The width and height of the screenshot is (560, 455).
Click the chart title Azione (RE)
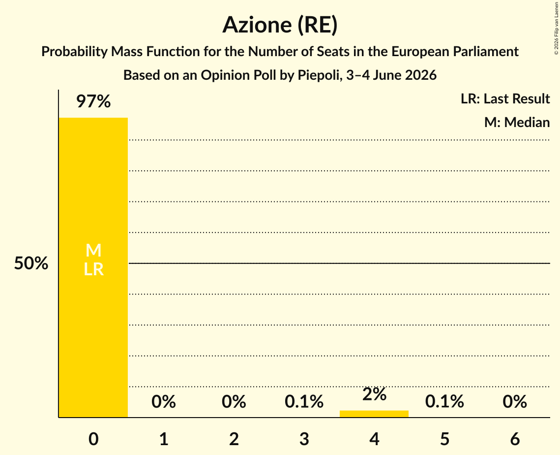280,25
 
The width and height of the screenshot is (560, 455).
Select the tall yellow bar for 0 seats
93,267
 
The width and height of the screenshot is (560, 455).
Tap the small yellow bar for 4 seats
374,414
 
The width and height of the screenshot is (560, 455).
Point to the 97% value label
93,101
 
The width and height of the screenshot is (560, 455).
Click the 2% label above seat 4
374,394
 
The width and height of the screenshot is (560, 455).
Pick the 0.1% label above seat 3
304,402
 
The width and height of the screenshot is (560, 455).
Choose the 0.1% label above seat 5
444,402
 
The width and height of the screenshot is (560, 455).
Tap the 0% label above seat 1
164,402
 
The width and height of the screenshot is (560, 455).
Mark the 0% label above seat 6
515,402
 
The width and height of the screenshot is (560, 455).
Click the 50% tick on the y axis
31,263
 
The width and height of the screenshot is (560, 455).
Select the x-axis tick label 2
234,439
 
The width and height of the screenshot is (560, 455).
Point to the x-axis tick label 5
444,439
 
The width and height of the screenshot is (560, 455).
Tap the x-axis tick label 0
93,439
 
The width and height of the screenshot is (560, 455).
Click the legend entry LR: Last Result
505,98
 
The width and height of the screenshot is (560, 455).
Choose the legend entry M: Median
517,122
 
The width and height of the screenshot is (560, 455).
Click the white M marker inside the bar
93,250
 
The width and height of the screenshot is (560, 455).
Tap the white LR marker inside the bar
93,269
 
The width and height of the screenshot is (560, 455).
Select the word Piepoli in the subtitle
318,75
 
